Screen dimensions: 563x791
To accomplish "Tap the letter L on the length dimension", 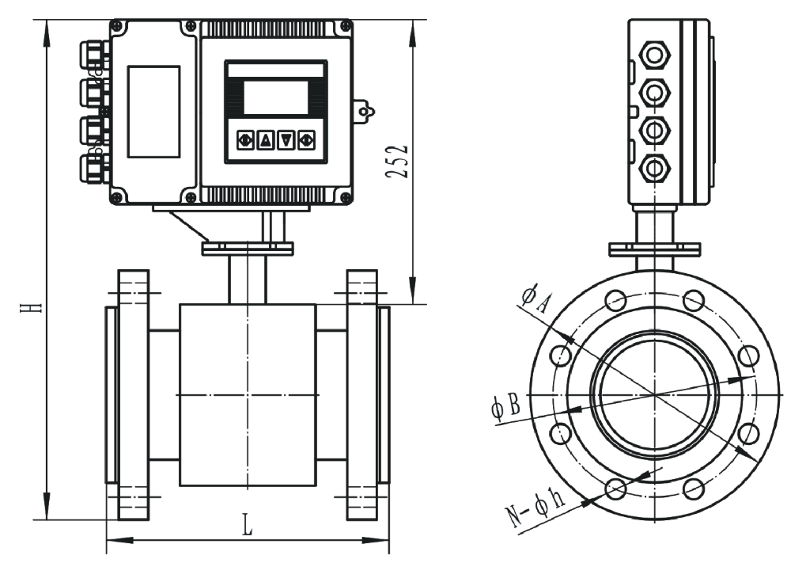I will [x=248, y=524].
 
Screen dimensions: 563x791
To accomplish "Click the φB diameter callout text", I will [x=505, y=409].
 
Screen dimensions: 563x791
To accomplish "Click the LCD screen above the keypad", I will [x=275, y=97].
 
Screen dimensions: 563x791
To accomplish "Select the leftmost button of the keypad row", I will [x=244, y=141].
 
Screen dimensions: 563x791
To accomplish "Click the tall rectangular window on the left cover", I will [x=153, y=112].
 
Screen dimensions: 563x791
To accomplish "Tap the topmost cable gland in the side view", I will [x=656, y=55].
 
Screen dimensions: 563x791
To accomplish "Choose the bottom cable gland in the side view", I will [x=656, y=167].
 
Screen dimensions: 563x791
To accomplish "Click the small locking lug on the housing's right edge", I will [x=363, y=111].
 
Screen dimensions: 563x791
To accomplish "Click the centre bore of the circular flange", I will [x=655, y=394].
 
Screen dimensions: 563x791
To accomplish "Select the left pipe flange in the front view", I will [x=133, y=394].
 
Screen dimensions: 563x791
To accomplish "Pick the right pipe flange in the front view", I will [x=361, y=394].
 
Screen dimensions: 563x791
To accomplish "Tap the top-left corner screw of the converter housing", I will [x=117, y=28].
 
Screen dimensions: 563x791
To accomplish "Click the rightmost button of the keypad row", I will [x=307, y=141].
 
